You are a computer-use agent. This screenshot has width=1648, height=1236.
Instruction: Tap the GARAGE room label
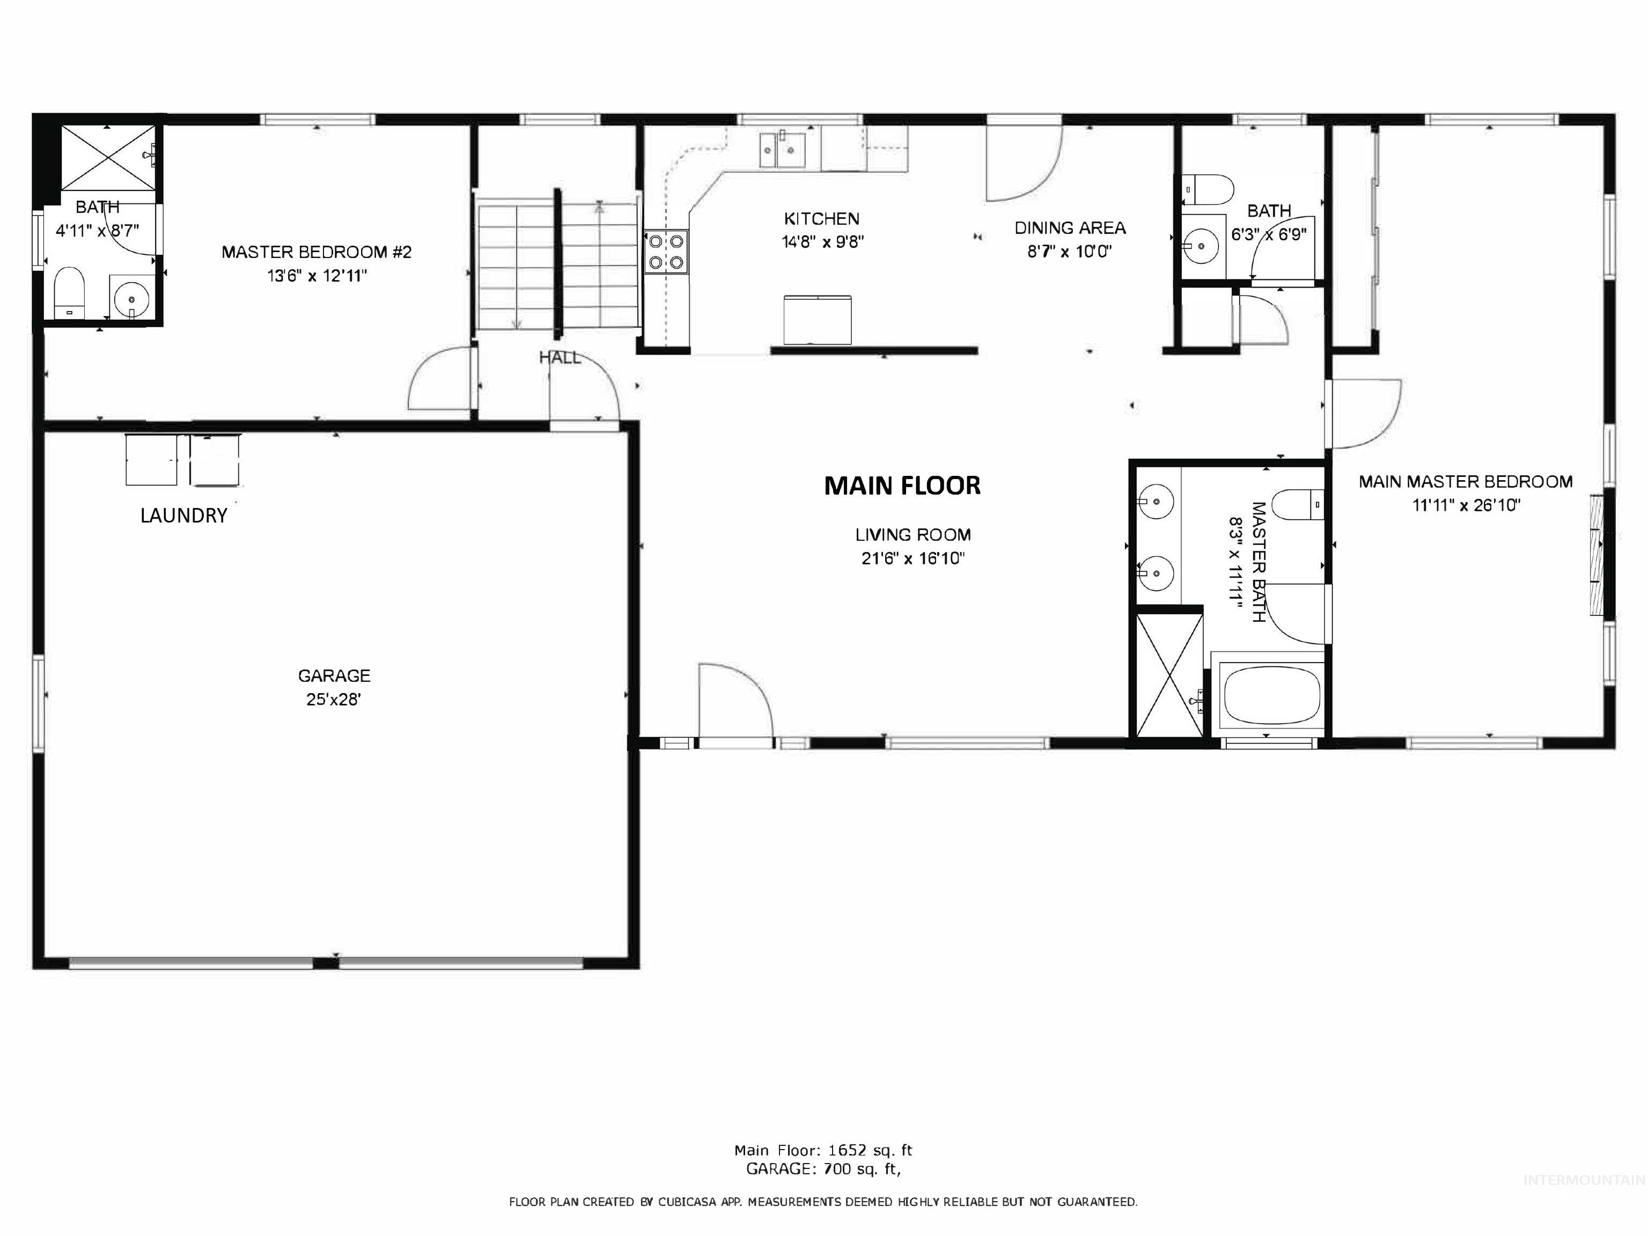click(x=334, y=676)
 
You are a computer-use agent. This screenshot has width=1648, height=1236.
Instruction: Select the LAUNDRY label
click(x=183, y=516)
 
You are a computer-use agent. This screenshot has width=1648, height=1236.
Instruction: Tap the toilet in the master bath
click(x=1296, y=504)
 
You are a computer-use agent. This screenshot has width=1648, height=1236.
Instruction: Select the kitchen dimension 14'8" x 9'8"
click(x=822, y=242)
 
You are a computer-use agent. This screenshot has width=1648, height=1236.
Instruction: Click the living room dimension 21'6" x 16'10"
click(x=913, y=558)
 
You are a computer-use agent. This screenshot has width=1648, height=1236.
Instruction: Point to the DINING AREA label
click(x=1070, y=228)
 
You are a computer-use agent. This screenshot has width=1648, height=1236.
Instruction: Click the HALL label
click(x=560, y=358)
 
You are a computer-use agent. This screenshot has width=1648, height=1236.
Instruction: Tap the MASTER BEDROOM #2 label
click(x=316, y=253)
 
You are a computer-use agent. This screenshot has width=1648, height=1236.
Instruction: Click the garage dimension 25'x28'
click(x=334, y=700)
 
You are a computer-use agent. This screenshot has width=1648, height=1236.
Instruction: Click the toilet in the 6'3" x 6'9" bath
click(x=1208, y=189)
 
